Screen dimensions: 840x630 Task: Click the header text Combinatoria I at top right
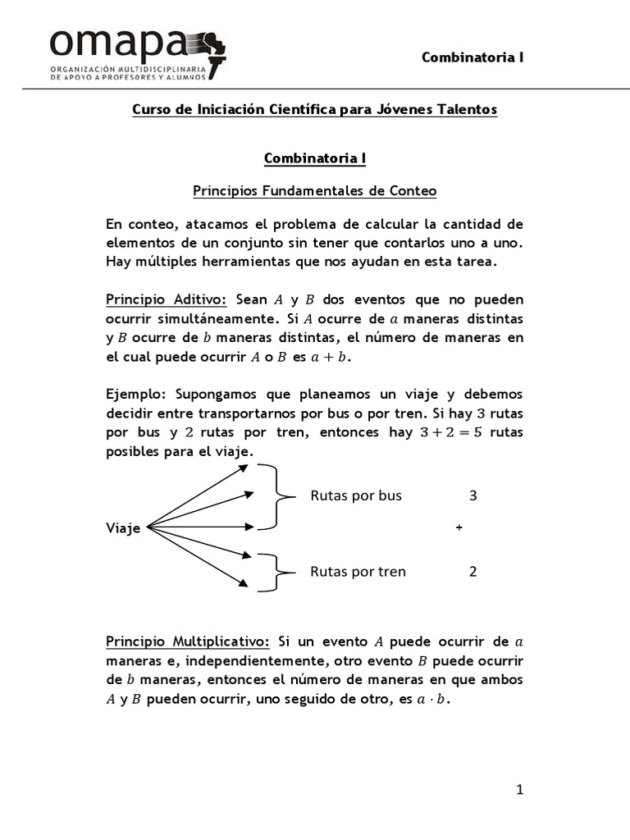[472, 57]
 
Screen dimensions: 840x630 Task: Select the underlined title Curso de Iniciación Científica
[315, 110]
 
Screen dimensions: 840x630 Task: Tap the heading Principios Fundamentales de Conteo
[315, 191]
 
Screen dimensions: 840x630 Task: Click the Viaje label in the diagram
[123, 528]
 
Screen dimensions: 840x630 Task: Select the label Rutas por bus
[356, 495]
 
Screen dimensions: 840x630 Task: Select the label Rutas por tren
[358, 572]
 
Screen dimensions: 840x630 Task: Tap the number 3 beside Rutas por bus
[472, 495]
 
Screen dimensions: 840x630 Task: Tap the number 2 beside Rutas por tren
[472, 572]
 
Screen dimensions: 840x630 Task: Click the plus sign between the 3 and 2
[459, 528]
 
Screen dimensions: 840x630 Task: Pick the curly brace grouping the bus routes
[277, 495]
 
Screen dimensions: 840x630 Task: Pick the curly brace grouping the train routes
[277, 572]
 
